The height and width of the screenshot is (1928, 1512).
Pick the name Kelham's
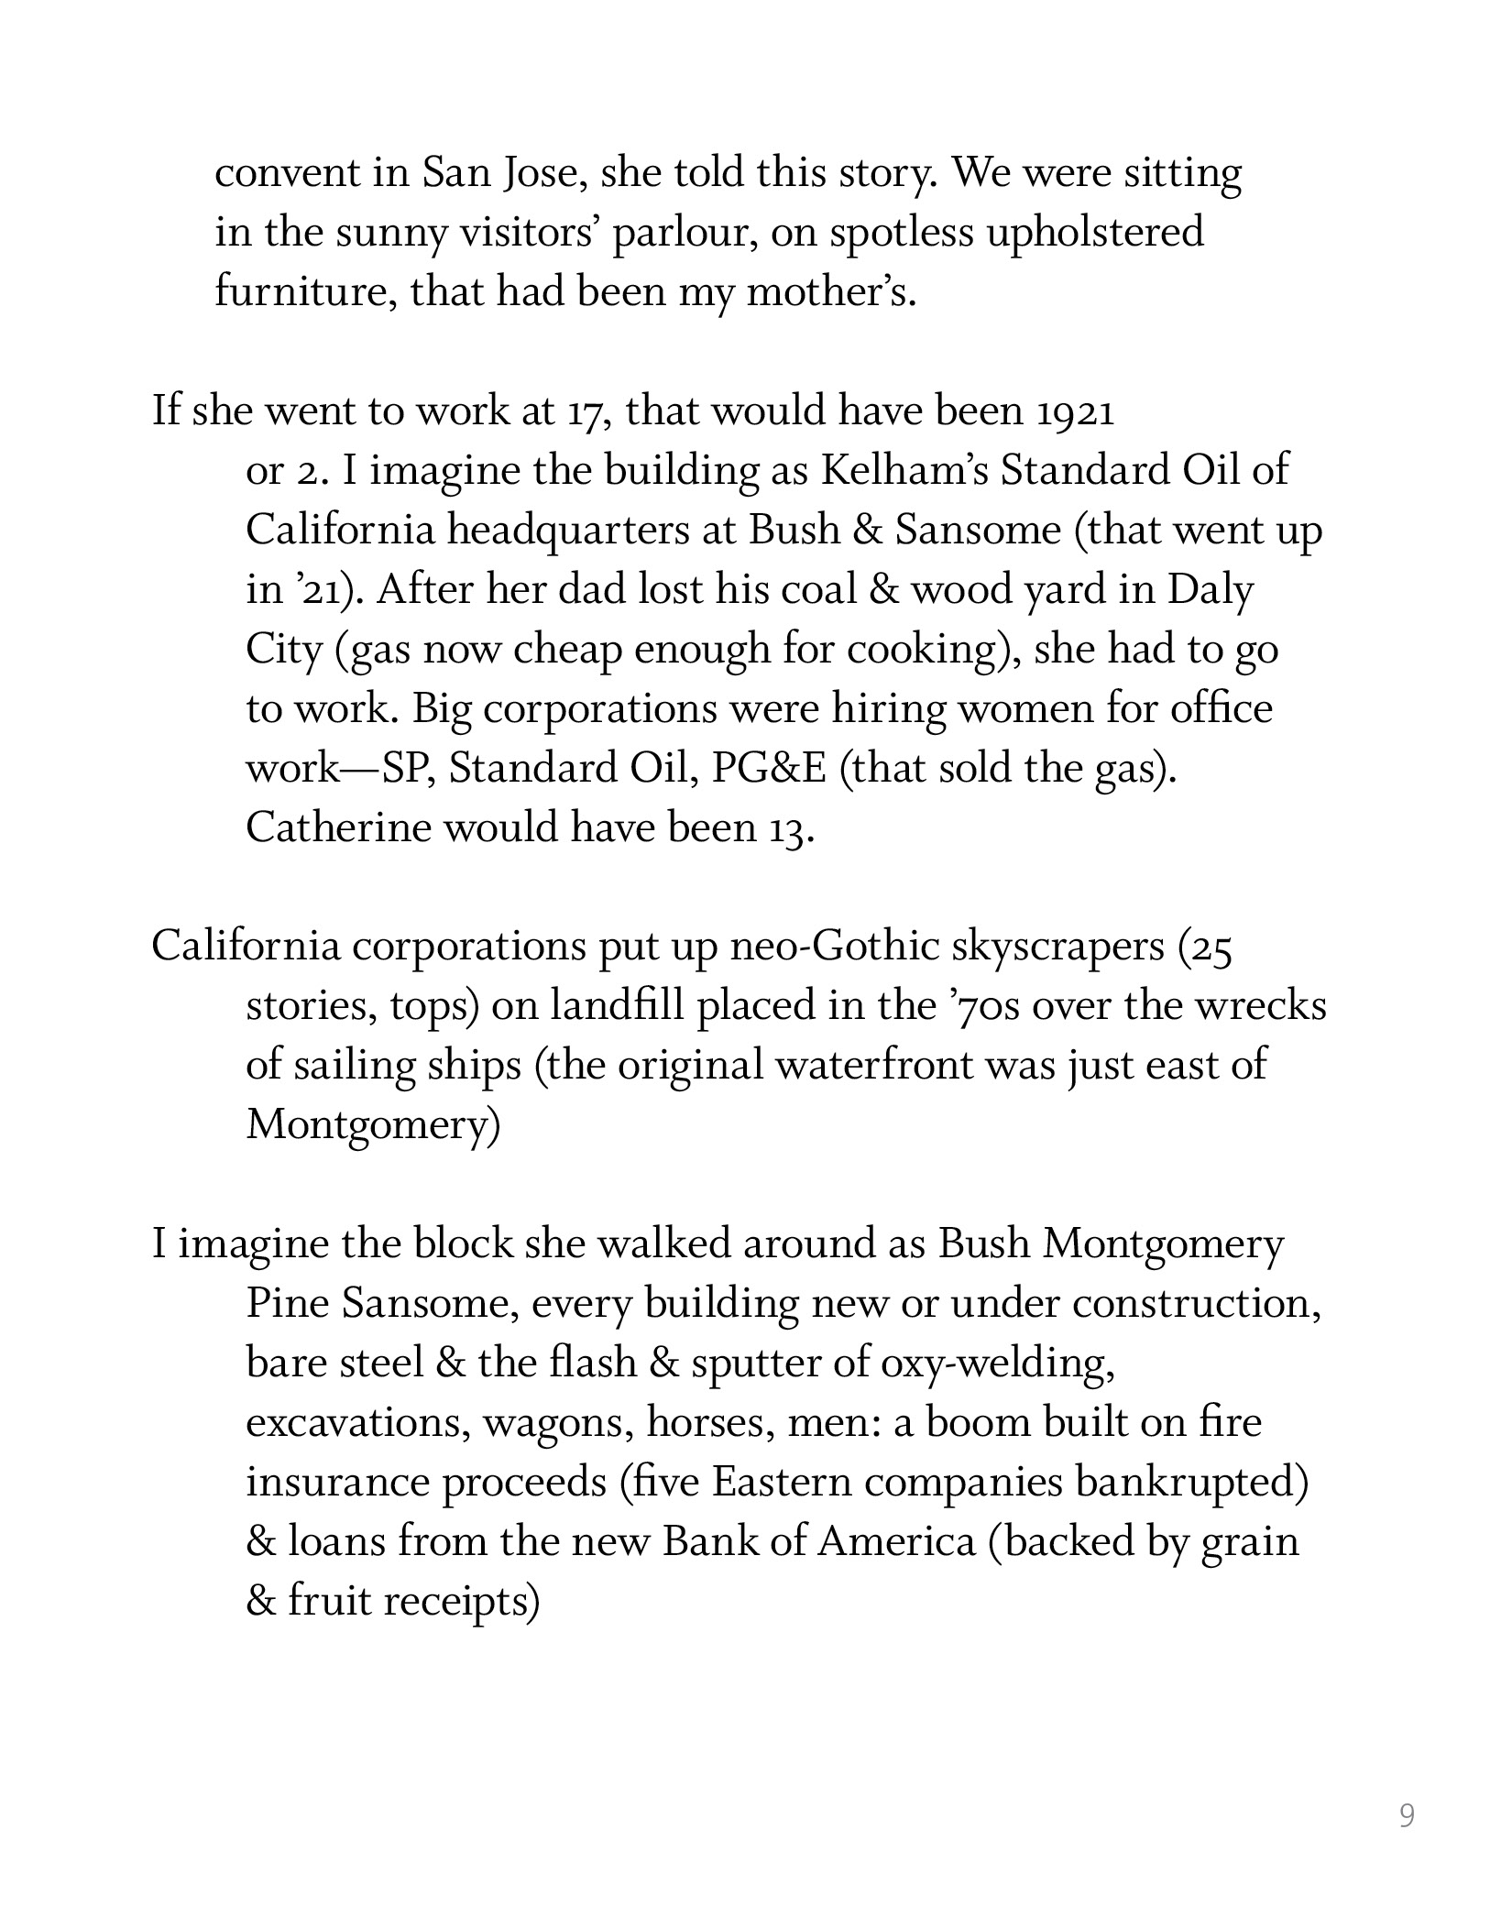pos(903,471)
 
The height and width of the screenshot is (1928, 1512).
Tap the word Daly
pos(1209,590)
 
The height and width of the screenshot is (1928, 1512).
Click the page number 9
pos(1407,1815)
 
